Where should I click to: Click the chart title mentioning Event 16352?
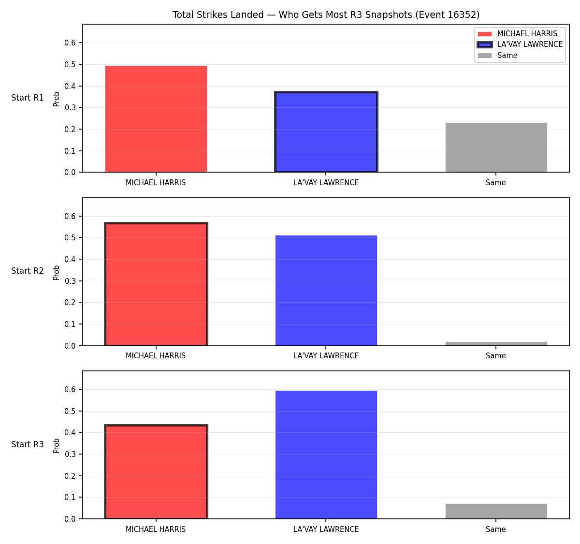click(x=326, y=15)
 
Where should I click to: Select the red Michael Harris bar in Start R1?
click(x=156, y=118)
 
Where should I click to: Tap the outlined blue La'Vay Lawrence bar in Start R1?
click(x=326, y=132)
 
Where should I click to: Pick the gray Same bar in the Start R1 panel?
click(x=496, y=147)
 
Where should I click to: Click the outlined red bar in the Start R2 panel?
click(x=156, y=284)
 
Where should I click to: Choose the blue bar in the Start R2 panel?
click(x=326, y=291)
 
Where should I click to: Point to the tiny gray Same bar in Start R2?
click(x=496, y=344)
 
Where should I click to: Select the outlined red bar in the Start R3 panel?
click(x=156, y=472)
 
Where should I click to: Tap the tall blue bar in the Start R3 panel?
click(x=326, y=455)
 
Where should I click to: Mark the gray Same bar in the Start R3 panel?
click(x=496, y=512)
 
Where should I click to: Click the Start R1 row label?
click(x=28, y=98)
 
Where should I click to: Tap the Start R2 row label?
click(x=28, y=271)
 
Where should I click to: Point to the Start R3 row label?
click(x=28, y=444)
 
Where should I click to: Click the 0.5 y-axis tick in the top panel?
click(x=70, y=65)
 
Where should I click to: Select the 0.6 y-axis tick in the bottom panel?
click(x=70, y=390)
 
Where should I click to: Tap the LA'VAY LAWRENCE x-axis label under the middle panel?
click(x=326, y=356)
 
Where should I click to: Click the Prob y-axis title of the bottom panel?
click(x=57, y=446)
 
